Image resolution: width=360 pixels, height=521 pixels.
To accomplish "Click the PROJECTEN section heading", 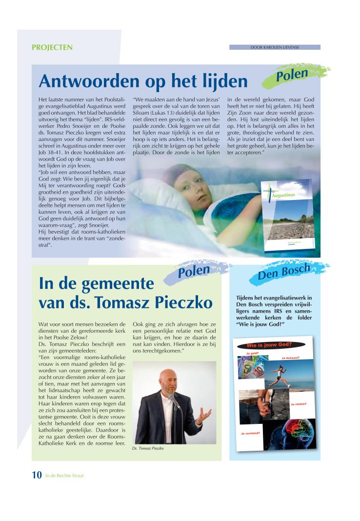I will [x=52, y=47].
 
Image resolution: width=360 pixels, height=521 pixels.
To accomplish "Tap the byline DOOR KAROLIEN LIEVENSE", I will [x=275, y=47].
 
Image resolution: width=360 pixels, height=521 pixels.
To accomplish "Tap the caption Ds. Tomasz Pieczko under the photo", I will [x=147, y=448].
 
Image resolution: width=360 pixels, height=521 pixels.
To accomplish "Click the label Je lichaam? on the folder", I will [x=291, y=358].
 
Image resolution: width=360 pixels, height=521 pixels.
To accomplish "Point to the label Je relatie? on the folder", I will [x=299, y=404].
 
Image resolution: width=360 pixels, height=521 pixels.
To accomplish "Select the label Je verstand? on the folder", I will [x=251, y=433].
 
